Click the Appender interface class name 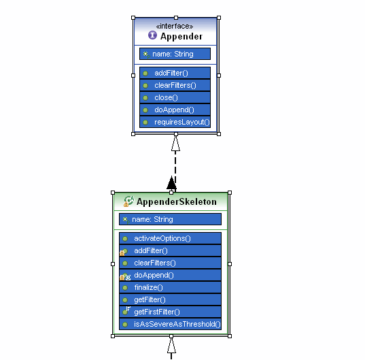pos(181,36)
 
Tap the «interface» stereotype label pos(175,26)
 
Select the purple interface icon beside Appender pos(152,35)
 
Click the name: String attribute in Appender pos(175,54)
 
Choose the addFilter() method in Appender pos(175,73)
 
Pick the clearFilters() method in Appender pos(175,85)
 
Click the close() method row pos(175,97)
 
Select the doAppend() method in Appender pos(175,110)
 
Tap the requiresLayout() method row pos(175,122)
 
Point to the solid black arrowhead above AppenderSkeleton pos(171,182)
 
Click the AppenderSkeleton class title pos(177,202)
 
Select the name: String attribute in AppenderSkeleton pos(170,219)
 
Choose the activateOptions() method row pos(170,238)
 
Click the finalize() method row pos(170,287)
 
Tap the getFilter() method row pos(170,299)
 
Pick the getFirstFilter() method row pos(170,312)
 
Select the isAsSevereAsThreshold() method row pos(170,324)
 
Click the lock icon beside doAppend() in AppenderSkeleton pos(122,278)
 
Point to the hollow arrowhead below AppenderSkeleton pos(171,345)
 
